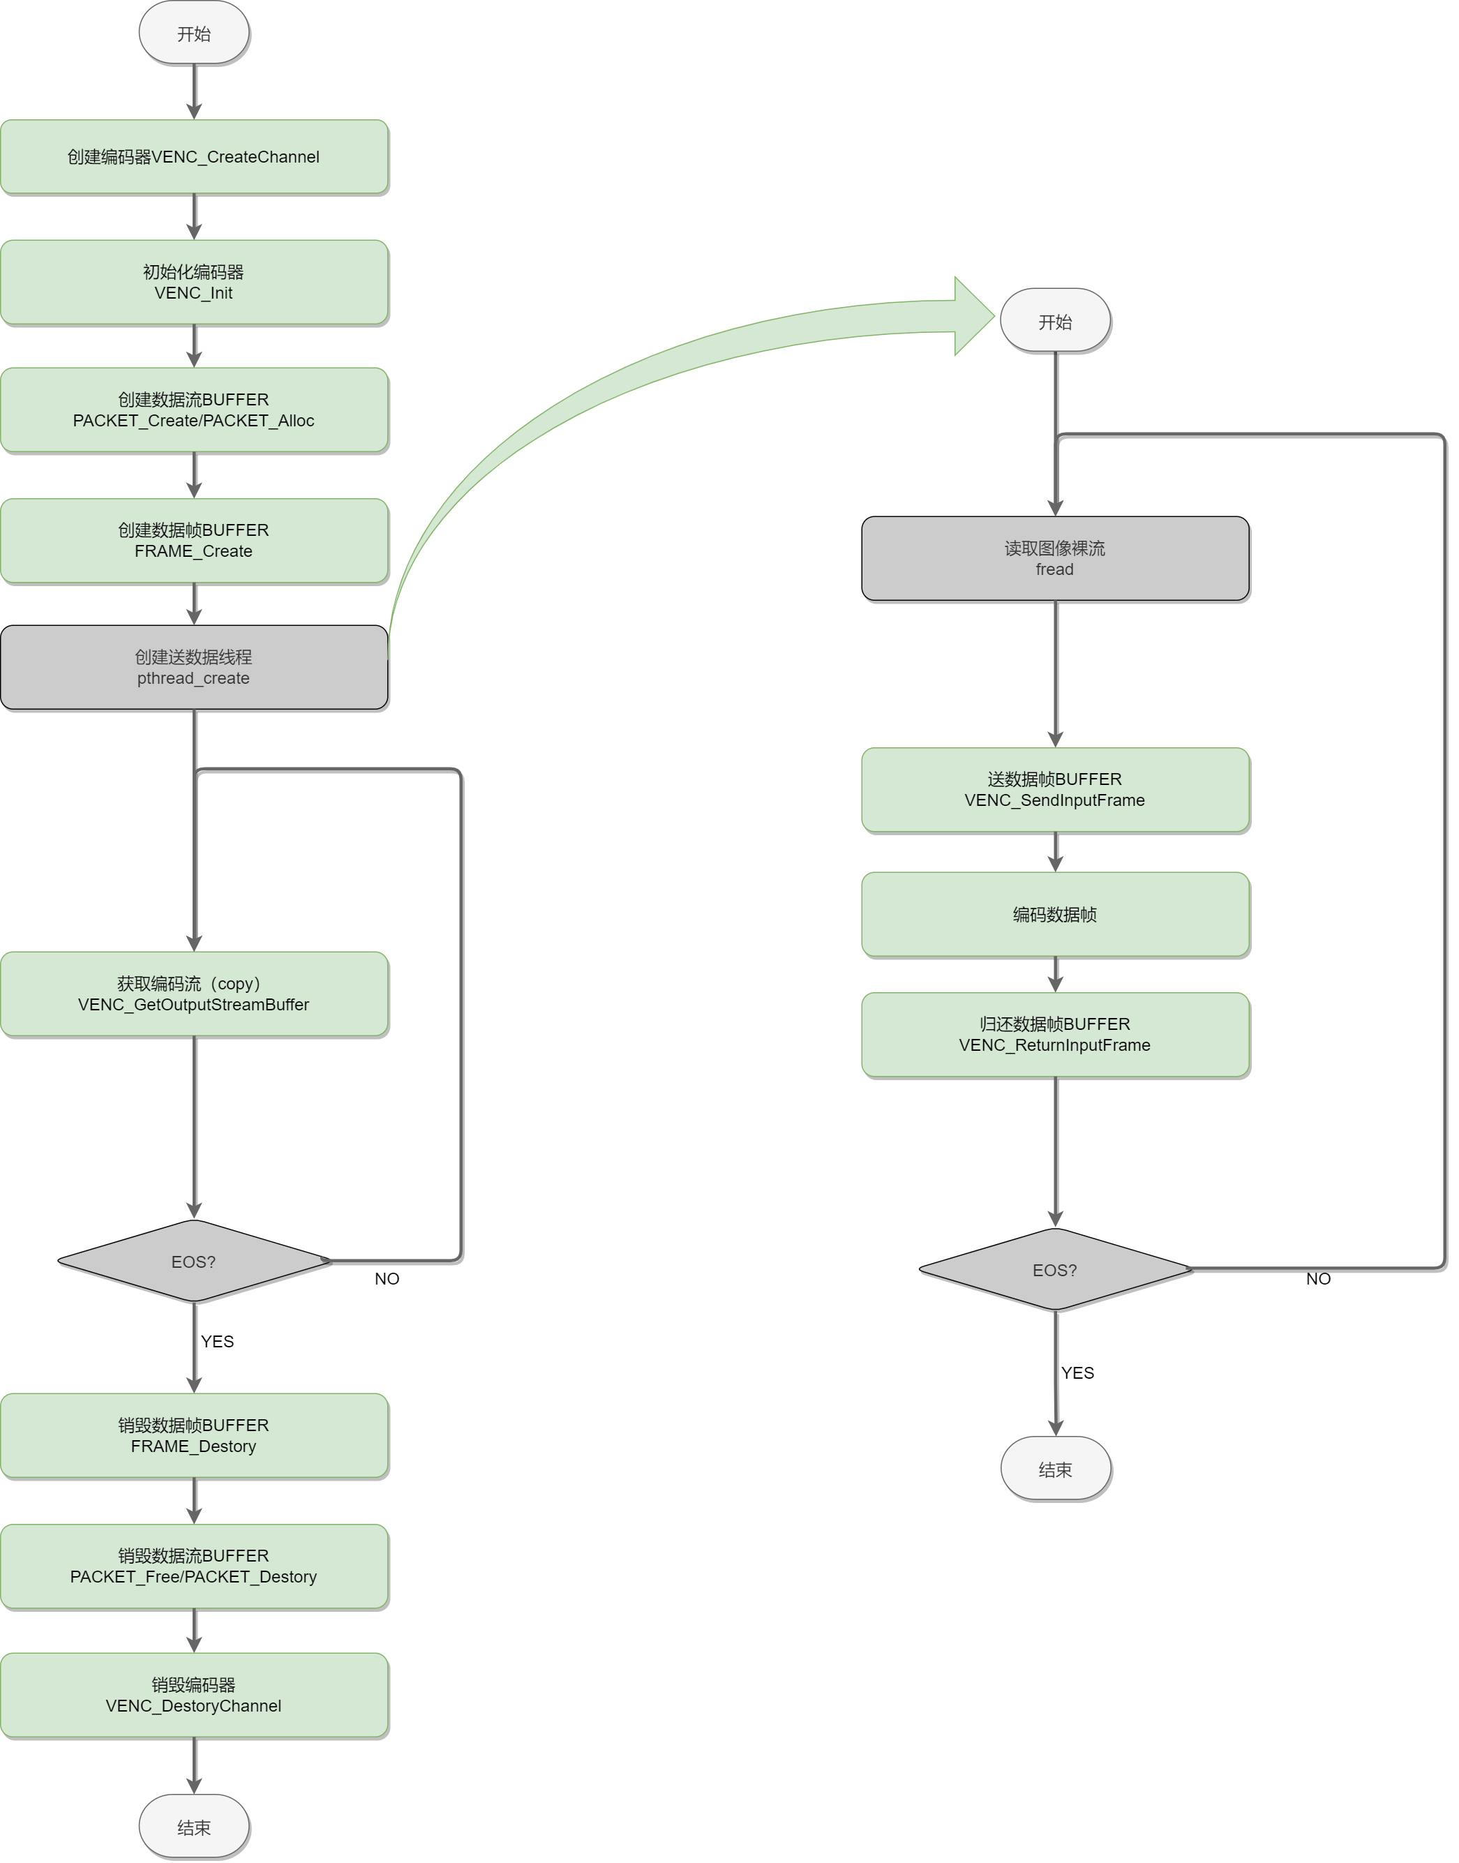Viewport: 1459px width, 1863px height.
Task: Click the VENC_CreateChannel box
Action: click(194, 157)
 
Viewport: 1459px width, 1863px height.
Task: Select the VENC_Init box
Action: click(194, 282)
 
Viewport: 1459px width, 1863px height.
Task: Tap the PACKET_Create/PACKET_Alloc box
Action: click(194, 410)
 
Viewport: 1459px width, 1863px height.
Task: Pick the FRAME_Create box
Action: click(194, 541)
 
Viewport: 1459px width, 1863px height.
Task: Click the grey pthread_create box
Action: click(194, 667)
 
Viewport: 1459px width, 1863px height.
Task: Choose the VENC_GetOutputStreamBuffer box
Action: click(194, 994)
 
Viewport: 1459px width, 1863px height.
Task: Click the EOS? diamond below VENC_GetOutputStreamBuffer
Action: click(194, 1262)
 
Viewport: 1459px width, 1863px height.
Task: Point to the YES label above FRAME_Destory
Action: click(218, 1342)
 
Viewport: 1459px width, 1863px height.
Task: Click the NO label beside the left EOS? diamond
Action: click(387, 1279)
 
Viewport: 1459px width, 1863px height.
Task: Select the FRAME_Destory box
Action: click(194, 1436)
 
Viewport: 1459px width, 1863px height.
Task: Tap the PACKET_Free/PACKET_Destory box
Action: click(194, 1566)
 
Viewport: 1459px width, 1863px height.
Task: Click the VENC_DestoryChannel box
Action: click(194, 1696)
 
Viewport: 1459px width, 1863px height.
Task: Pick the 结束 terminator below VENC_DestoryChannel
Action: click(194, 1827)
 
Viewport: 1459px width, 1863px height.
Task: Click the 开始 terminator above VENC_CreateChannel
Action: click(194, 33)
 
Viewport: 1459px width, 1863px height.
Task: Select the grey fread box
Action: click(1055, 559)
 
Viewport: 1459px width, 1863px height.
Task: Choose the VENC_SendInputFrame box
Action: click(1055, 790)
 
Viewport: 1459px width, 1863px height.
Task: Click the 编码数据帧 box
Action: click(1055, 915)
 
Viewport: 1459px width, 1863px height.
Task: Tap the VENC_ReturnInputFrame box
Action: click(1055, 1035)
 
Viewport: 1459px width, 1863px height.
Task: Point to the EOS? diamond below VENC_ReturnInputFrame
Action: click(1055, 1270)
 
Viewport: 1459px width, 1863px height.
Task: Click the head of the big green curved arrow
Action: click(974, 316)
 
